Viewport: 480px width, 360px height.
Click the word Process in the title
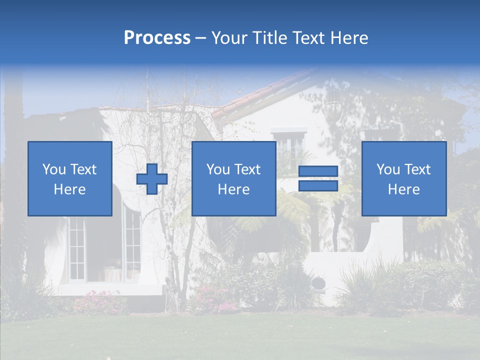[x=157, y=38]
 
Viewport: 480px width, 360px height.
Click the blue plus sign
[x=152, y=179]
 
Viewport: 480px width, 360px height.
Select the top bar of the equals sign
[x=318, y=171]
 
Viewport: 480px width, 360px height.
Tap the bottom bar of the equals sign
[x=318, y=186]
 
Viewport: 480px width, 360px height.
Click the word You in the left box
[x=54, y=169]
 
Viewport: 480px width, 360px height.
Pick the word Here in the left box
[x=69, y=189]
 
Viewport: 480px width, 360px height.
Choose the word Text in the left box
[x=82, y=169]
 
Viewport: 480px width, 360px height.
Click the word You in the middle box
[x=218, y=169]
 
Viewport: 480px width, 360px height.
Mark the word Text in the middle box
[x=246, y=169]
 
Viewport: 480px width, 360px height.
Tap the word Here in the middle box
[x=233, y=189]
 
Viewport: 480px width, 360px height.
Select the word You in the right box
[x=388, y=169]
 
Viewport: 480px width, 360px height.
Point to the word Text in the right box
[x=416, y=169]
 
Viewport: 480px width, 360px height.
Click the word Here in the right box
[x=403, y=189]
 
